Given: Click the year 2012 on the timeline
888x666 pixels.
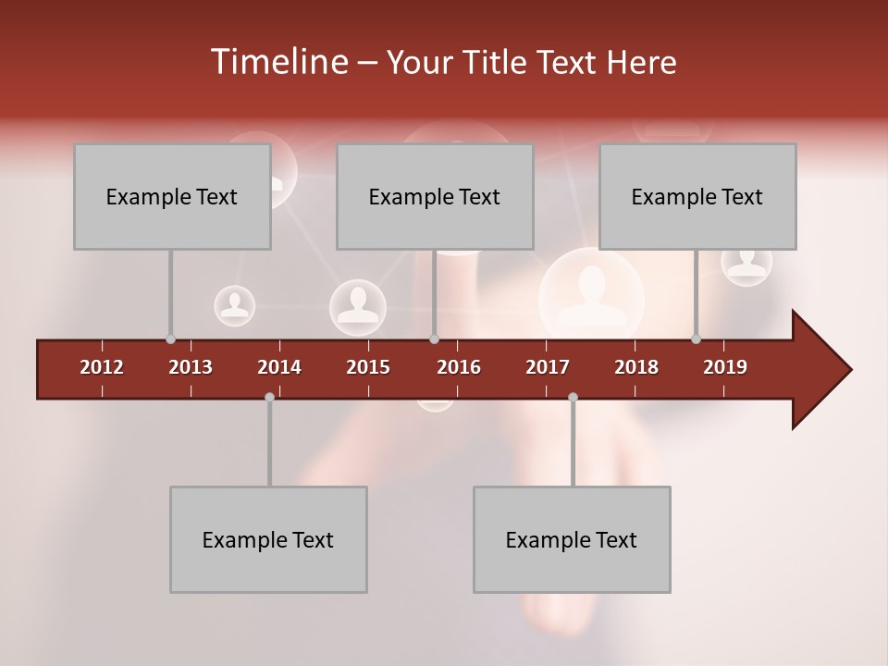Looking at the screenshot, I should point(102,367).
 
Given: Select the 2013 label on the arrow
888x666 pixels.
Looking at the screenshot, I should point(191,367).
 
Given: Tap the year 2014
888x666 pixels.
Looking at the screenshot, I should point(279,367).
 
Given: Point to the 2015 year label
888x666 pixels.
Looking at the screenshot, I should point(368,367).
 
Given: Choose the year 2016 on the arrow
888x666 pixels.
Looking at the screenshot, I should point(459,367).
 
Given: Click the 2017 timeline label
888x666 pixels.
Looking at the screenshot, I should point(548,367).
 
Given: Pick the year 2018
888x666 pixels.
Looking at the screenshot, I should point(636,367).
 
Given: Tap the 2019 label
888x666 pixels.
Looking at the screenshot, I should point(725,367).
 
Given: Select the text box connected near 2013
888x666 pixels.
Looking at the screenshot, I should point(172,196).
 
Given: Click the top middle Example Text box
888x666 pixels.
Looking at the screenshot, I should point(435,196).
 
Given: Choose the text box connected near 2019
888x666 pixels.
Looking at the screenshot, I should point(697,196).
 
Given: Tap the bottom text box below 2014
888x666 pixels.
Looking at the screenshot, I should point(268,539).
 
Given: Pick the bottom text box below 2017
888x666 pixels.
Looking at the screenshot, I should point(572,539).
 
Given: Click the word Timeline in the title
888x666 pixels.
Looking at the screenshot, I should point(277,62).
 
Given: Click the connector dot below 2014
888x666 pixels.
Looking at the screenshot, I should point(269,397).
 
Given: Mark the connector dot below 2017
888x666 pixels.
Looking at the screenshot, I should point(573,397).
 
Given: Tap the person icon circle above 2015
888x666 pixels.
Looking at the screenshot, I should point(358,307).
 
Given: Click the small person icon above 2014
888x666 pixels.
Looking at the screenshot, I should point(235,305).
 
